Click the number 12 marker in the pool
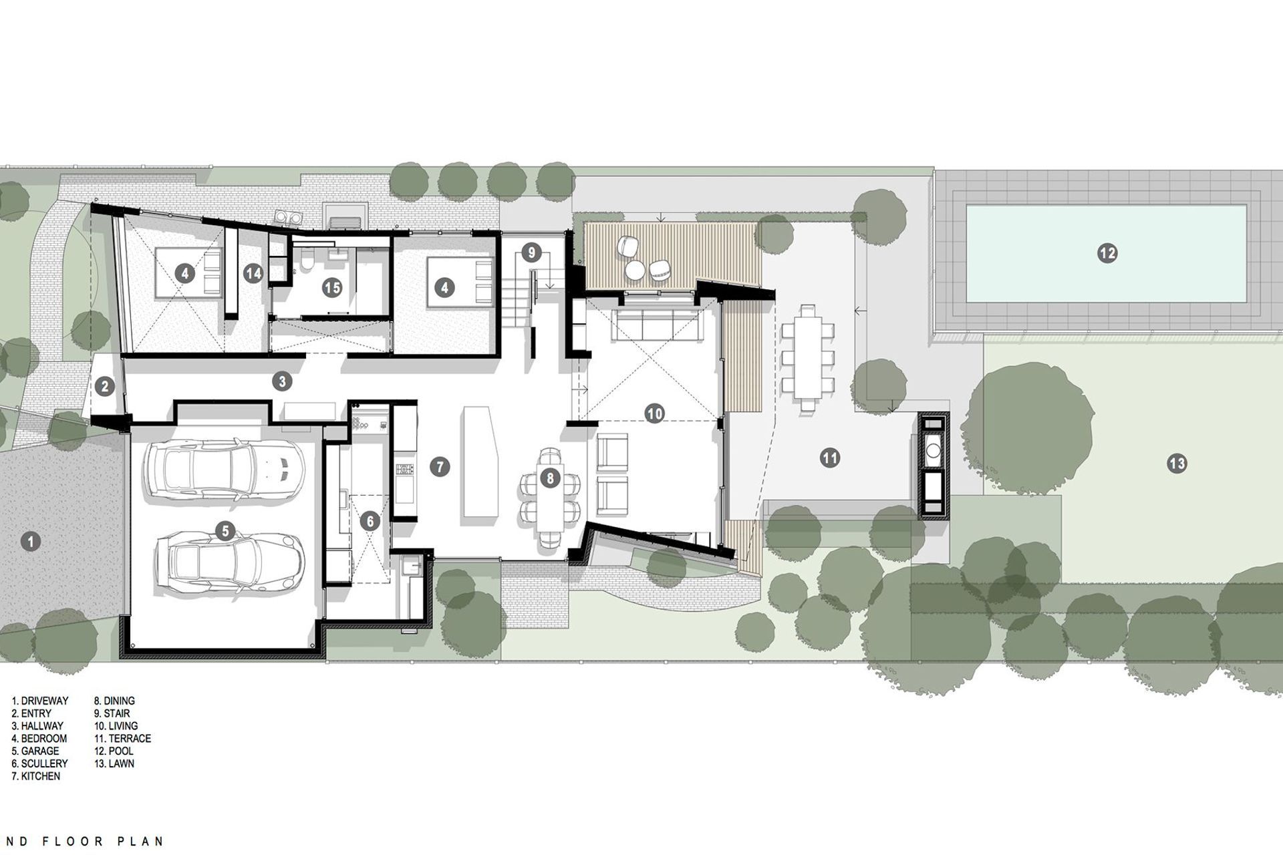pyautogui.click(x=1107, y=253)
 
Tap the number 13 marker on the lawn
pyautogui.click(x=1177, y=463)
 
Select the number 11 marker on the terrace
pyautogui.click(x=830, y=458)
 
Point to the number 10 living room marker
pyautogui.click(x=654, y=413)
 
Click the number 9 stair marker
pyautogui.click(x=531, y=252)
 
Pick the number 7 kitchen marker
pyautogui.click(x=440, y=467)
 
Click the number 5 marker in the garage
pyautogui.click(x=225, y=532)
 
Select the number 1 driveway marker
pyautogui.click(x=30, y=541)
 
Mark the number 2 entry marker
pyautogui.click(x=104, y=385)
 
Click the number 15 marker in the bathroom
pyautogui.click(x=331, y=288)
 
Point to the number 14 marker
pyautogui.click(x=253, y=273)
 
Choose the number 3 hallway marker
pyautogui.click(x=283, y=381)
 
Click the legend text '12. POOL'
pyautogui.click(x=114, y=751)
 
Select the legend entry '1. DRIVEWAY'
pyautogui.click(x=40, y=701)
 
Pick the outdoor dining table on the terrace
pyautogui.click(x=808, y=357)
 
